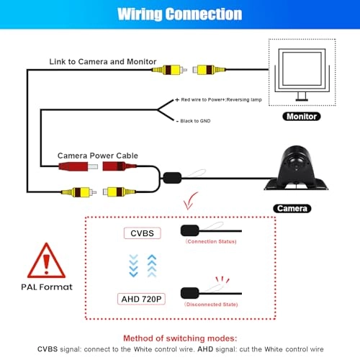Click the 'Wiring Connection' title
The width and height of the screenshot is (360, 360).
click(x=180, y=14)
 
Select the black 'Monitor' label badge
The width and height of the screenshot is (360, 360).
click(x=302, y=117)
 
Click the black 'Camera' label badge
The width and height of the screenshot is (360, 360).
click(x=292, y=208)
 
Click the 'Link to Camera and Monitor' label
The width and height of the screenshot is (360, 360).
click(x=103, y=62)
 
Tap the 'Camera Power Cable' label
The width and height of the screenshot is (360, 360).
click(x=98, y=156)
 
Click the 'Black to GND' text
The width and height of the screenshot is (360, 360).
click(x=195, y=121)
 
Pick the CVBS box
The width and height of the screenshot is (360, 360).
click(x=142, y=233)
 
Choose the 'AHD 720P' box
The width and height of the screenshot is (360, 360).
click(x=141, y=299)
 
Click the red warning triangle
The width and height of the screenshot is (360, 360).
click(x=46, y=261)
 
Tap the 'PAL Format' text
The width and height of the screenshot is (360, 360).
click(x=47, y=287)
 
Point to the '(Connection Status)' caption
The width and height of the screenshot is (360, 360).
click(x=211, y=241)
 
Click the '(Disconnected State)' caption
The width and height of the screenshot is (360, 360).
click(x=211, y=305)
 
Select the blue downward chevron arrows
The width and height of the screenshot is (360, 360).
click(x=133, y=266)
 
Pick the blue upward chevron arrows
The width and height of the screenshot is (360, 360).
click(x=152, y=266)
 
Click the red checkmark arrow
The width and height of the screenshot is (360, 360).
click(x=189, y=202)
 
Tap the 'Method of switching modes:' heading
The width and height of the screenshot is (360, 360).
click(x=180, y=338)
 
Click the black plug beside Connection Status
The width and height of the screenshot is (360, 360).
click(x=190, y=230)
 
